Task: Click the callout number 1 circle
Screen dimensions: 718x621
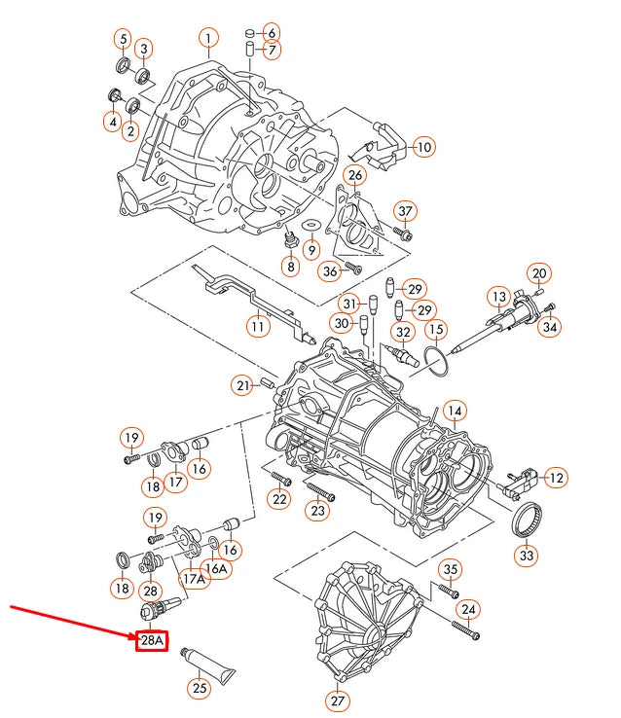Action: pos(207,38)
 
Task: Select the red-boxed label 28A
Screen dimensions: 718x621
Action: pos(151,641)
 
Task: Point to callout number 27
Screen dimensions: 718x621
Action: pos(338,700)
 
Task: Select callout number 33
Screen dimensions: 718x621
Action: pos(526,556)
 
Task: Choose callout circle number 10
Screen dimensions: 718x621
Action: pos(422,147)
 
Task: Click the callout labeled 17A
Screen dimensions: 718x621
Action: pos(195,580)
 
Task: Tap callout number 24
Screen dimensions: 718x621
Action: pos(469,610)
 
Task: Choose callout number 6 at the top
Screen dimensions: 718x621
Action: pos(270,32)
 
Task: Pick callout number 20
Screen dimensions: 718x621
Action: pos(540,272)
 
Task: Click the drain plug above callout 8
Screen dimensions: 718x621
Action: pos(288,239)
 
